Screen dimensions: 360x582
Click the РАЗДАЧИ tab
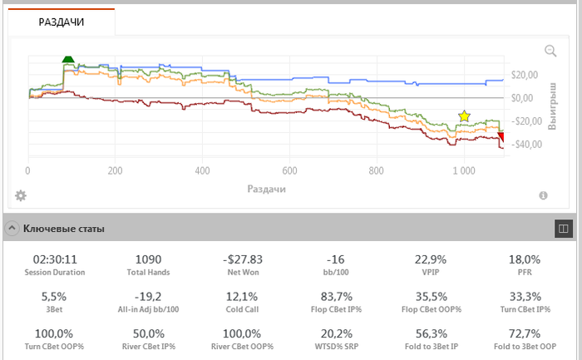pyautogui.click(x=61, y=22)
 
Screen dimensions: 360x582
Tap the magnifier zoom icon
pyautogui.click(x=550, y=51)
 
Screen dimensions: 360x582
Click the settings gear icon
pyautogui.click(x=21, y=195)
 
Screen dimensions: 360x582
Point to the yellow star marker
pyautogui.click(x=464, y=116)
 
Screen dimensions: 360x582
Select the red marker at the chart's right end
pyautogui.click(x=501, y=138)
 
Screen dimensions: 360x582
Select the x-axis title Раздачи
pyautogui.click(x=267, y=189)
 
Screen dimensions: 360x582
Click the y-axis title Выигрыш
pyautogui.click(x=552, y=105)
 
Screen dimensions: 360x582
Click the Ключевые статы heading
pyautogui.click(x=63, y=228)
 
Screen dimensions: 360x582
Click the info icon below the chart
pyautogui.click(x=543, y=195)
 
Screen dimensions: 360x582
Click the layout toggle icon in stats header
pyautogui.click(x=563, y=227)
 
